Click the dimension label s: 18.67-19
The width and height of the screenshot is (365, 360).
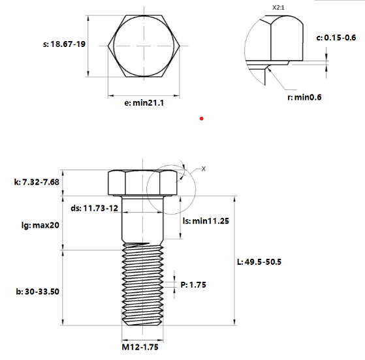[x=65, y=44]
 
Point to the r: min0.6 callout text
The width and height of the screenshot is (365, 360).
[x=305, y=97]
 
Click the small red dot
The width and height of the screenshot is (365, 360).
[x=202, y=118]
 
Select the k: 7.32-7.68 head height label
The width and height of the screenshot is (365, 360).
[x=37, y=182]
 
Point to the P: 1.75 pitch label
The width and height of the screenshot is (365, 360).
[x=193, y=284]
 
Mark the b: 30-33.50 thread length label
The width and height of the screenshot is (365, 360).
[x=37, y=292]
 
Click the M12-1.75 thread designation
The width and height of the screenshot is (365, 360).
[x=140, y=347]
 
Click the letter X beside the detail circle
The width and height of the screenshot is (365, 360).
[x=203, y=168]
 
